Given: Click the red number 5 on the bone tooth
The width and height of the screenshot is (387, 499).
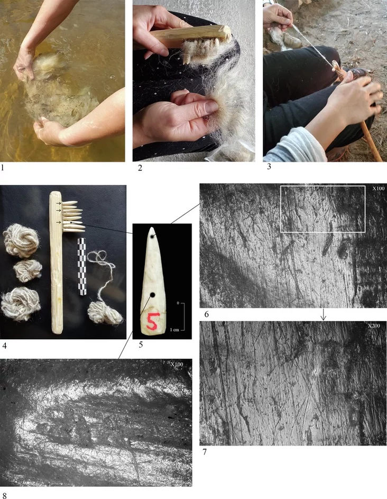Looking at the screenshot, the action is click(152, 321).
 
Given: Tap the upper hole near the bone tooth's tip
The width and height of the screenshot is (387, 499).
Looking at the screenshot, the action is click(154, 237).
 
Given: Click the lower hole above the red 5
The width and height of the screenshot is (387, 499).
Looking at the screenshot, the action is click(152, 295).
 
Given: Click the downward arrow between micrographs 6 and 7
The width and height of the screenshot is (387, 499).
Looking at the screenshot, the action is click(323, 314).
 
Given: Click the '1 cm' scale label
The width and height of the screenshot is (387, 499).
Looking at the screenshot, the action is click(174, 330).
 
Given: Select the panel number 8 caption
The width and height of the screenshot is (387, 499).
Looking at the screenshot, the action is click(4, 495).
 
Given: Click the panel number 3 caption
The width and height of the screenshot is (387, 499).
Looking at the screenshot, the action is click(269, 166).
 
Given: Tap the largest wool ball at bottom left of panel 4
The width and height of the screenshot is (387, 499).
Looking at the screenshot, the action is click(21, 304).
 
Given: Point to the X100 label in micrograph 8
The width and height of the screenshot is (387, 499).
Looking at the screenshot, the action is click(177, 364).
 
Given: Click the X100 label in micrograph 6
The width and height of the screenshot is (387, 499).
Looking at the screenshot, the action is click(379, 188).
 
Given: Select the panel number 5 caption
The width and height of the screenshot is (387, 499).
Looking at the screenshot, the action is click(141, 344).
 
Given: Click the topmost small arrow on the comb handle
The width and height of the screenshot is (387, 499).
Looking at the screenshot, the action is click(59, 203).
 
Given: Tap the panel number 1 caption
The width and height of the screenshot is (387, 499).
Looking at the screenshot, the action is click(3, 167).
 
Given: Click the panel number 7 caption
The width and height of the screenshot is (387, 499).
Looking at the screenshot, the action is click(205, 451).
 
